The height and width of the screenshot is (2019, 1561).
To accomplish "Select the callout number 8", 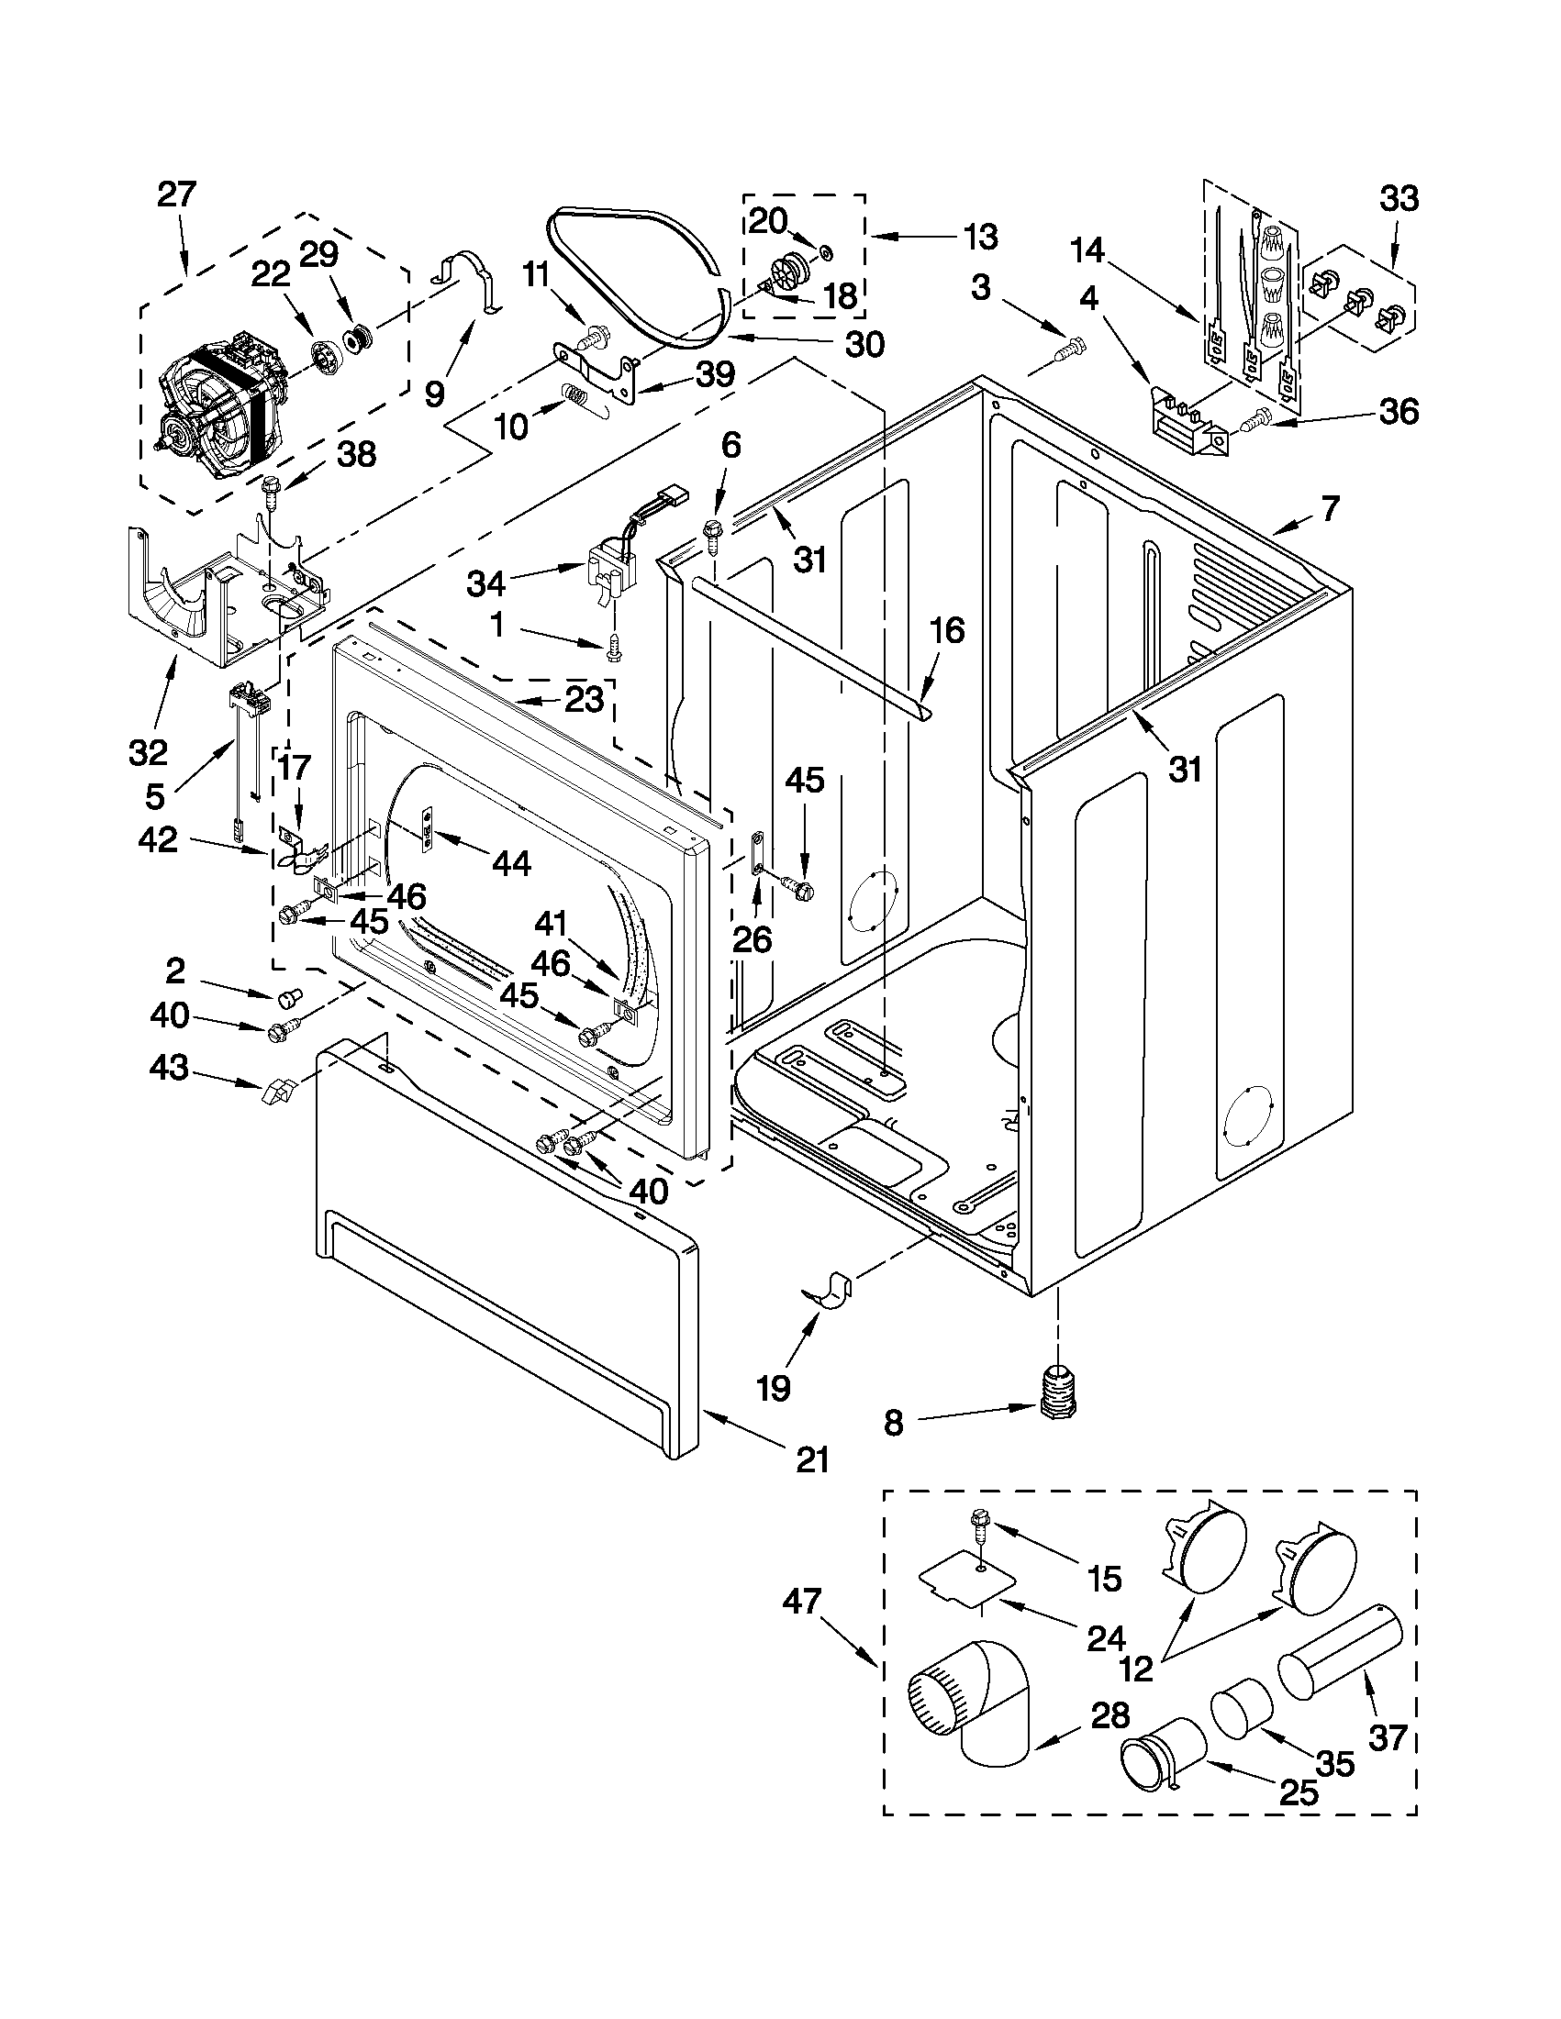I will (x=892, y=1424).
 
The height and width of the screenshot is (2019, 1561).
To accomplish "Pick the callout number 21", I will (x=811, y=1460).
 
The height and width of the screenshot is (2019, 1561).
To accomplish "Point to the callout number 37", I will (x=1388, y=1739).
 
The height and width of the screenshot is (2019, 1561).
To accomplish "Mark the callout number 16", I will (x=947, y=630).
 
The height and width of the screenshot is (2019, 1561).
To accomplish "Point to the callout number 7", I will (x=1329, y=508).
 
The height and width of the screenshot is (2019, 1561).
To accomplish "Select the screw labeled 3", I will (x=1070, y=351).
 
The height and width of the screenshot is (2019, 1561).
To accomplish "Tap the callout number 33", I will (x=1399, y=199).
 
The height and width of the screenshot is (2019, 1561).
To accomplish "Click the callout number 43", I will (x=168, y=1069).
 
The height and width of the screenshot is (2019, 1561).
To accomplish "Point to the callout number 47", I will (x=802, y=1601).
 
